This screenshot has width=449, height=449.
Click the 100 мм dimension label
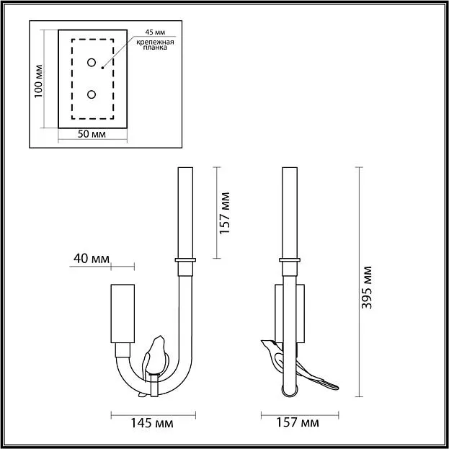(x=38, y=81)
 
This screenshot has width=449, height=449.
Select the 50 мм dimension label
(x=92, y=134)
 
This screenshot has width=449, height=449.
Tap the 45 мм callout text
(x=155, y=32)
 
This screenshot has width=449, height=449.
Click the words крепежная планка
(x=155, y=45)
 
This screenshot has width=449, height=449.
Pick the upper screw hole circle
(x=92, y=63)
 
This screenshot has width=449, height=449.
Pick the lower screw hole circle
(x=92, y=94)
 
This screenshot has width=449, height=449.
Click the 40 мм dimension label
(x=92, y=259)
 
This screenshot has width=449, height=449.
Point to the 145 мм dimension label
(x=152, y=423)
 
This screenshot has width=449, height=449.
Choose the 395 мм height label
(x=367, y=288)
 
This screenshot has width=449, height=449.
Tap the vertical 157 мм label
(x=225, y=213)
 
